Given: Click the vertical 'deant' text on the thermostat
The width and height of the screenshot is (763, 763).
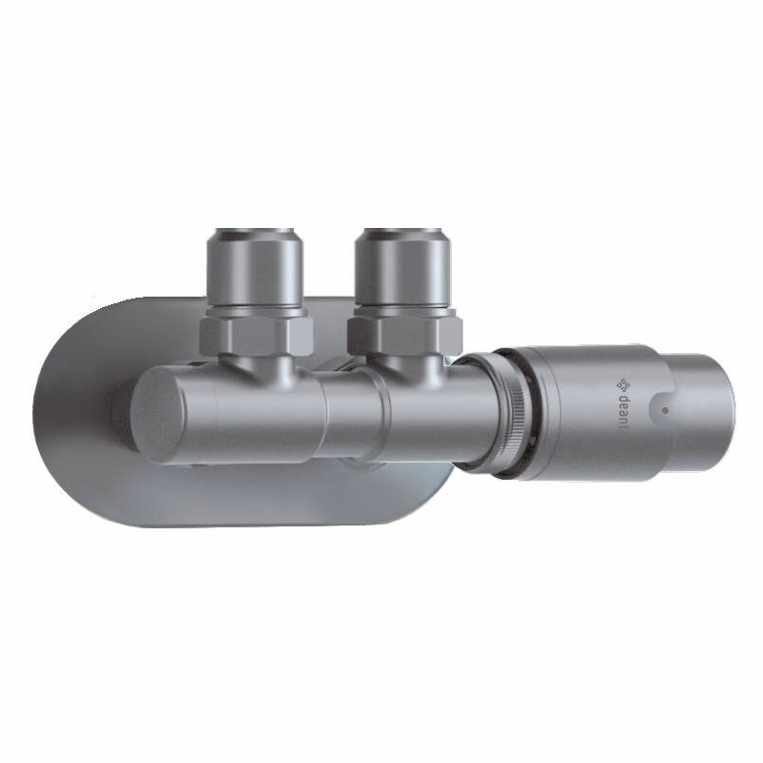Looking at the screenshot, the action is point(626,413).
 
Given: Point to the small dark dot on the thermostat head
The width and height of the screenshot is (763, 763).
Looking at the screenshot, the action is point(665,410).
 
